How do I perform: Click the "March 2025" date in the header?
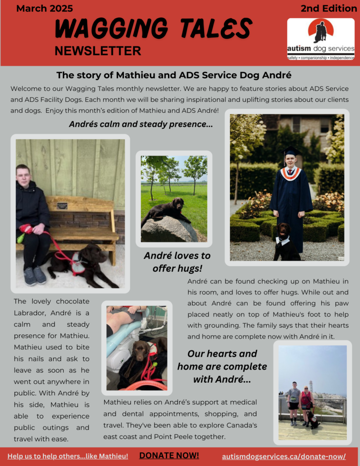(45, 8)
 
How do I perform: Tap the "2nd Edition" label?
(329, 8)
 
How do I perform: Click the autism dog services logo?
(320, 39)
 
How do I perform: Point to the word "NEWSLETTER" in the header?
(97, 51)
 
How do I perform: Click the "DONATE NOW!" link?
(169, 456)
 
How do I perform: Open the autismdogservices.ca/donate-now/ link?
(284, 456)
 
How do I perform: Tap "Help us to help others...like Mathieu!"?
(67, 456)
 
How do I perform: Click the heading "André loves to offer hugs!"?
(177, 262)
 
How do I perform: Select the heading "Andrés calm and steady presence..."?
(141, 124)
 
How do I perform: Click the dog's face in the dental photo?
(141, 350)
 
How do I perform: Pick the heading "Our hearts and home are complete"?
(222, 366)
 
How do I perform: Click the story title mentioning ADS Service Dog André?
(174, 75)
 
